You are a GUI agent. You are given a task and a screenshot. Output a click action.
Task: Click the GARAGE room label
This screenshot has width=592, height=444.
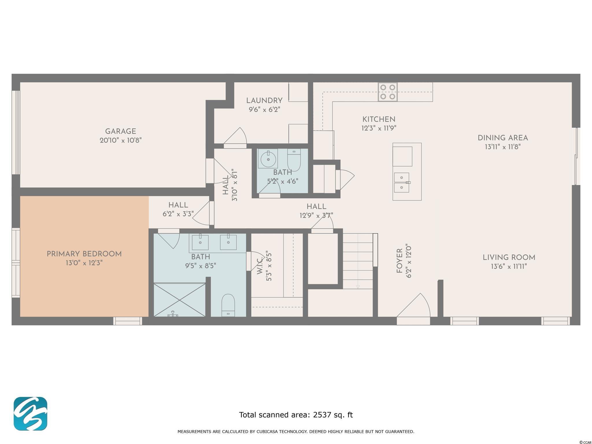click(x=121, y=131)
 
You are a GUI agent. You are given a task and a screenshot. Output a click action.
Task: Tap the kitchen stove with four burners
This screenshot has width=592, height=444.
click(x=388, y=92)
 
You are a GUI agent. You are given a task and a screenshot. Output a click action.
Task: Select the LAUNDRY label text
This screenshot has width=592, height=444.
click(x=264, y=101)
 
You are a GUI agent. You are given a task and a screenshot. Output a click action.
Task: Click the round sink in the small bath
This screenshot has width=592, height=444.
click(x=268, y=159)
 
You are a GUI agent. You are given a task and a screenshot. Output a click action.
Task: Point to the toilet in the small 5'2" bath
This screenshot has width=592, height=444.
click(x=294, y=160)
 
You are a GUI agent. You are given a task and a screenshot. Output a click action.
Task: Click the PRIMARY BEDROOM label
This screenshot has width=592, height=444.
click(x=84, y=254)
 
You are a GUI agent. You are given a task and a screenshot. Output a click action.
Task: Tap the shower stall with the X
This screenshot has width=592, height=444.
click(x=180, y=300)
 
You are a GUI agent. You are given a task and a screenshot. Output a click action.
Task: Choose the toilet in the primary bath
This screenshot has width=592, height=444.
click(x=228, y=305)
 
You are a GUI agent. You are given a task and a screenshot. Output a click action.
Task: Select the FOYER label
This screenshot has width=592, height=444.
click(x=399, y=261)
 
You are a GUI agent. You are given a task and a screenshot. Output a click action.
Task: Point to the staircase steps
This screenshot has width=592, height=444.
click(x=358, y=261)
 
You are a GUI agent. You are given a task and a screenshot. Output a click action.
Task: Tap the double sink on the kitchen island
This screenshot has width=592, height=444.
click(x=402, y=182)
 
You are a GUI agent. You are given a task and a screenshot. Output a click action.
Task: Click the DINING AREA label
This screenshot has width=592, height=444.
click(x=503, y=138)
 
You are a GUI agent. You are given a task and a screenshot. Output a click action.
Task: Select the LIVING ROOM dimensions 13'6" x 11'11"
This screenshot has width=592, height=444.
click(x=509, y=266)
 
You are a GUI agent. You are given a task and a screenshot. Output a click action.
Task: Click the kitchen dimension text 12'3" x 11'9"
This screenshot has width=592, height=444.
click(x=379, y=128)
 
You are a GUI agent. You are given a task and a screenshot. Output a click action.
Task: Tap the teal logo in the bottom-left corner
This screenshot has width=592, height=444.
click(x=30, y=414)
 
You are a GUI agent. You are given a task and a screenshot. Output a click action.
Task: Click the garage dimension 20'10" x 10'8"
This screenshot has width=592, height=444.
click(x=121, y=140)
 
